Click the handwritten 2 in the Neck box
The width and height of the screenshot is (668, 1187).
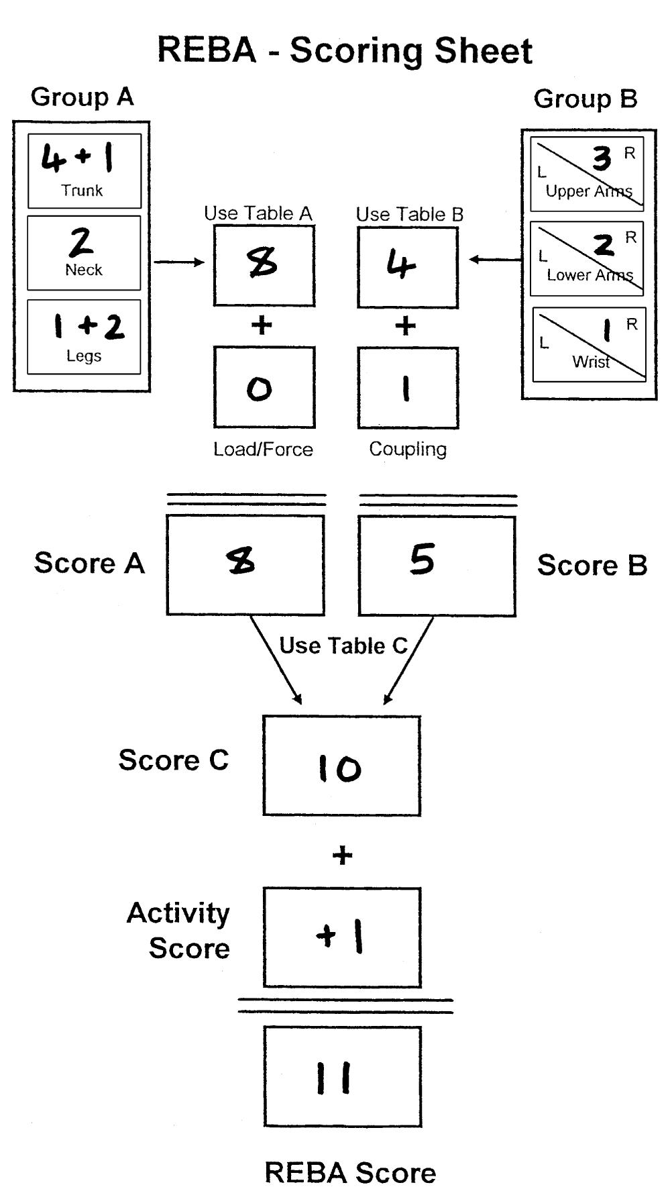tap(81, 242)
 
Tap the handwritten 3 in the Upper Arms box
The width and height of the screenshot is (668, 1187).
tap(602, 158)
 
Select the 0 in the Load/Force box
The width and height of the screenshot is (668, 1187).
tap(260, 389)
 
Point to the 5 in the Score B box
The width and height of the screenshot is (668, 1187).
tap(423, 560)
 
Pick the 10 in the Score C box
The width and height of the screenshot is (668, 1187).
tap(339, 768)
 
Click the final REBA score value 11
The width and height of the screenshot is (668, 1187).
tap(334, 1078)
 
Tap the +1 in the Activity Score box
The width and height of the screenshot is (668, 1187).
tap(340, 936)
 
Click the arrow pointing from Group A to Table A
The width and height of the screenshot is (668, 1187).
tap(179, 262)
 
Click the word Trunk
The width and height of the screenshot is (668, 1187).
tap(82, 191)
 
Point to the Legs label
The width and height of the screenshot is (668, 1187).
tap(84, 356)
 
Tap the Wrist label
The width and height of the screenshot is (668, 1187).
tap(591, 362)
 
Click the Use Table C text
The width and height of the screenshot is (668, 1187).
tap(343, 646)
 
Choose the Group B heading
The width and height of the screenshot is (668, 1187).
tap(585, 99)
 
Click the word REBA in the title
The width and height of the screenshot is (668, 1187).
tap(207, 50)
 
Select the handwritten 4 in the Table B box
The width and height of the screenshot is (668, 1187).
tap(401, 265)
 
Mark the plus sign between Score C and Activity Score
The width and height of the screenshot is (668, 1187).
tap(342, 856)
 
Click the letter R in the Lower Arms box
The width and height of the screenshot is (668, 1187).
tap(630, 238)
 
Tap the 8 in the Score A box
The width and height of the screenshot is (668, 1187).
tap(241, 560)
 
